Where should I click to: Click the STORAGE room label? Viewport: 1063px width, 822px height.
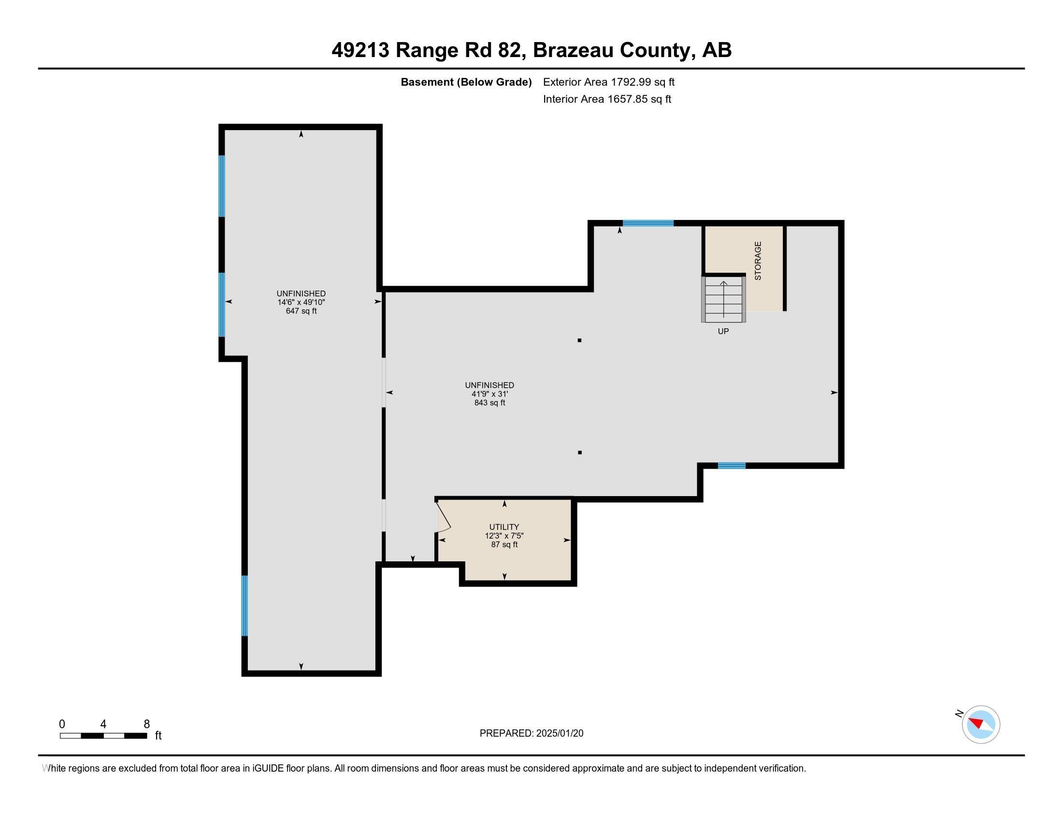click(758, 261)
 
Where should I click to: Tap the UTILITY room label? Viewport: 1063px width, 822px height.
click(504, 527)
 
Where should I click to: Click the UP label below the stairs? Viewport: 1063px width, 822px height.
click(723, 331)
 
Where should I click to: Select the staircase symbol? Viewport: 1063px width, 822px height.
click(723, 299)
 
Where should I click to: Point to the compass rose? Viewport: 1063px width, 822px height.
click(981, 724)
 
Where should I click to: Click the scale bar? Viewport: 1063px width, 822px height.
click(103, 735)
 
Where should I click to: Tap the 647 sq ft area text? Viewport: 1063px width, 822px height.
click(302, 311)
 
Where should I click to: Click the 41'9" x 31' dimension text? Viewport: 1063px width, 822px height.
click(489, 394)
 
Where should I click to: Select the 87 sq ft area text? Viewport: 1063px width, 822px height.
click(504, 544)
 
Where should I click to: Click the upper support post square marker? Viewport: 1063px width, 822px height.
click(579, 340)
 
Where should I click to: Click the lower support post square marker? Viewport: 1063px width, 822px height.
click(580, 453)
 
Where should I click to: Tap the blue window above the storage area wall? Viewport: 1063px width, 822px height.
click(648, 223)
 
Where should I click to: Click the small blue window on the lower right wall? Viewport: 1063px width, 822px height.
click(732, 466)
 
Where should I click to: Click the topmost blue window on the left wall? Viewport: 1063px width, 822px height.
click(222, 186)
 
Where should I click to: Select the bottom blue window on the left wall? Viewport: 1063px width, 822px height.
click(245, 605)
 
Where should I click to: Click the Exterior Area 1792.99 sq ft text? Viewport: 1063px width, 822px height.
click(608, 82)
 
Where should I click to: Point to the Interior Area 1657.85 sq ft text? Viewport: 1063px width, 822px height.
click(607, 99)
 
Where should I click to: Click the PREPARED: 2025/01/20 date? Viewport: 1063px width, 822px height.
click(531, 734)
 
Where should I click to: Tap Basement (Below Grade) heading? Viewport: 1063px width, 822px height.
click(466, 82)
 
